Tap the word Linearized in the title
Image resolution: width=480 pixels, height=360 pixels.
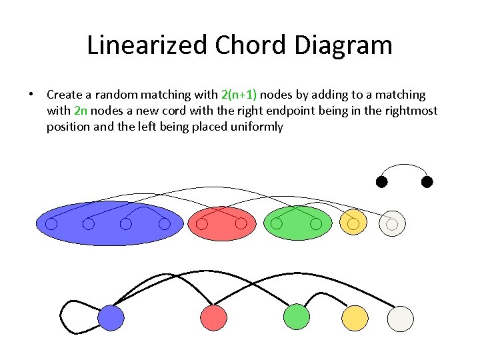(x=147, y=45)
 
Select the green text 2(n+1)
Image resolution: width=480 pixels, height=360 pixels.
(x=239, y=95)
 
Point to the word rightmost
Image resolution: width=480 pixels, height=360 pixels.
(x=411, y=111)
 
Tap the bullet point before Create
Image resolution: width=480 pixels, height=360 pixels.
(x=31, y=95)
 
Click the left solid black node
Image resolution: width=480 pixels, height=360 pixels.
(x=381, y=181)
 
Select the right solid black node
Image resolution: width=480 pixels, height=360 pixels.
(x=427, y=181)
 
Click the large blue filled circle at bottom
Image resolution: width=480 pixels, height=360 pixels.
(x=111, y=318)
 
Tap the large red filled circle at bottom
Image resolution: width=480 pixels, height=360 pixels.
(x=213, y=318)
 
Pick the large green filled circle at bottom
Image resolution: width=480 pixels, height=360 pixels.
(x=297, y=317)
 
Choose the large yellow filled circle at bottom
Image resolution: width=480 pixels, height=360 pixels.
(x=355, y=318)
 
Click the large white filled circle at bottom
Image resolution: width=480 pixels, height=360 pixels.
(x=401, y=318)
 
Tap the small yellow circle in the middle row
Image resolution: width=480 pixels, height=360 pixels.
(x=353, y=222)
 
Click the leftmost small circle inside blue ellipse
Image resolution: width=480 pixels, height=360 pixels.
(x=51, y=224)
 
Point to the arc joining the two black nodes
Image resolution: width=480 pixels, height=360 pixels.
(x=404, y=164)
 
